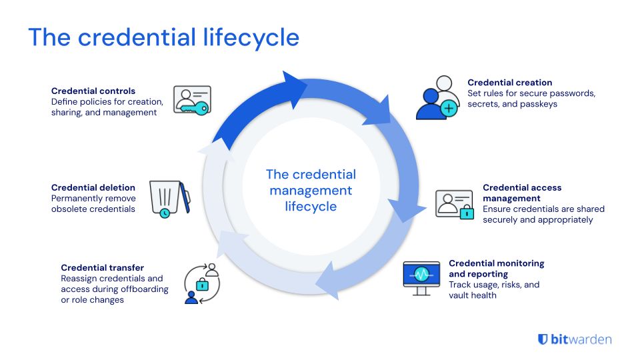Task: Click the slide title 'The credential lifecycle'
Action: pos(163,37)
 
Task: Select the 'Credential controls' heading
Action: pos(93,91)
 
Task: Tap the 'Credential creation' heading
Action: pos(510,83)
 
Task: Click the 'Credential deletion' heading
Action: pos(93,188)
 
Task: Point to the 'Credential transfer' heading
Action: pos(103,267)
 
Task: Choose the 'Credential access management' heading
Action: pos(522,193)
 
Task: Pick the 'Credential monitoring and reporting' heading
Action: pos(496,268)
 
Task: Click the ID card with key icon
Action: pos(191,100)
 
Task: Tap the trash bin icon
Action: pos(168,199)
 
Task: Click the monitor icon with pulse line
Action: pos(421,277)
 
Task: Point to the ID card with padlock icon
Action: pos(454,203)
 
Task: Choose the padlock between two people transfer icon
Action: pos(202,284)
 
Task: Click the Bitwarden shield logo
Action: pos(543,339)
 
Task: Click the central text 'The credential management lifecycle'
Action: pos(311,190)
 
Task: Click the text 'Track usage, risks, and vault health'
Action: pos(494,289)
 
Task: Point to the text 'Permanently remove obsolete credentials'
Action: pos(93,203)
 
